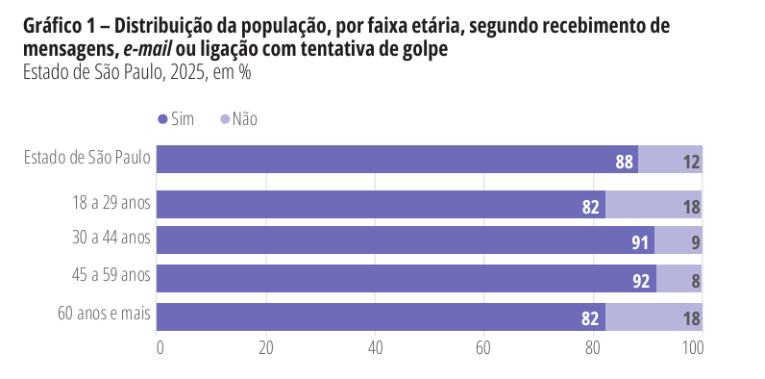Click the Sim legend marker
tap(161, 119)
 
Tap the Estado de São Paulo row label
tap(87, 159)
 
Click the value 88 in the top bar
tap(625, 162)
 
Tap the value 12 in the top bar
tap(691, 162)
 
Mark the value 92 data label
tap(642, 282)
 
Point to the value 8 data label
tap(695, 282)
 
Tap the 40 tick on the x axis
tap(376, 347)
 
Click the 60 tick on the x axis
tap(483, 347)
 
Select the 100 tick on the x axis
tap(694, 347)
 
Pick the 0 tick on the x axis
tap(160, 347)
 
